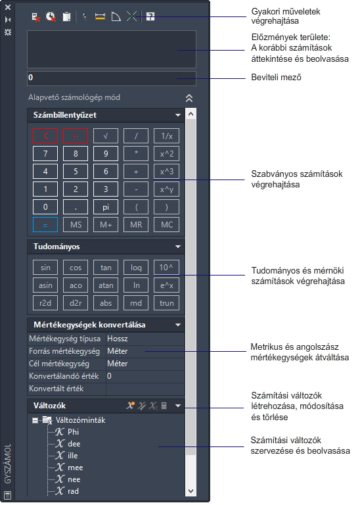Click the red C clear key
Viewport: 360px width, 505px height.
pos(45,136)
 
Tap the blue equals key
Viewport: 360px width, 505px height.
pos(45,225)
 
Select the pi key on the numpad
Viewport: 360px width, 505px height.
pos(106,207)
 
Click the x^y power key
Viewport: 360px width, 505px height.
pos(167,189)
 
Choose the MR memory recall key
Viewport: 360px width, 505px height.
pos(136,225)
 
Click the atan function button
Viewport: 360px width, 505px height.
pos(106,285)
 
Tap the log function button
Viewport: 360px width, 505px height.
pos(136,268)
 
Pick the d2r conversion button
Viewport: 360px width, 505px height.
pos(76,303)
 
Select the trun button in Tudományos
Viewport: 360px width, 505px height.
pos(167,303)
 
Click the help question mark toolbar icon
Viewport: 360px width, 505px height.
pos(150,16)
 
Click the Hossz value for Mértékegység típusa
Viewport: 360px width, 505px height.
pos(118,339)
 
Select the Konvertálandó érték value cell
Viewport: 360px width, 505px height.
pos(145,376)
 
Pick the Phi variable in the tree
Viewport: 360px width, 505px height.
pos(73,432)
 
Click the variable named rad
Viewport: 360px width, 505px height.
pos(73,491)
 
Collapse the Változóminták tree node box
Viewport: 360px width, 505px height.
pos(35,420)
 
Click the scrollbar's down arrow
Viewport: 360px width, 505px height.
pos(191,491)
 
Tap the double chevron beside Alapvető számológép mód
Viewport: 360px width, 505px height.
pos(189,98)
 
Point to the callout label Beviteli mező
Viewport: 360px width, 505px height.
pos(276,78)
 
